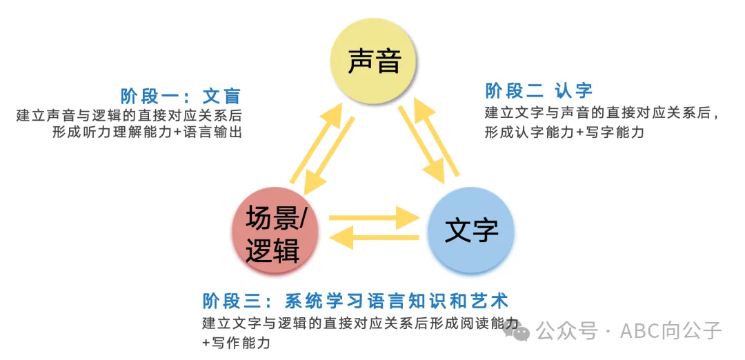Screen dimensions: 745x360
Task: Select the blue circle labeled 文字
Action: coord(471,231)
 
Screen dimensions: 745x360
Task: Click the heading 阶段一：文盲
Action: coord(180,96)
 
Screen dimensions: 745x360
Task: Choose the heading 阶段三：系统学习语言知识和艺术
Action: coord(355,301)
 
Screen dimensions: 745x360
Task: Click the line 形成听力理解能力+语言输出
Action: coord(147,133)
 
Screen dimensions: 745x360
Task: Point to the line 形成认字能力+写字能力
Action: coord(564,132)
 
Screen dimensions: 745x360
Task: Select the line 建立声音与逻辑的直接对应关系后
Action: coord(129,115)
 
